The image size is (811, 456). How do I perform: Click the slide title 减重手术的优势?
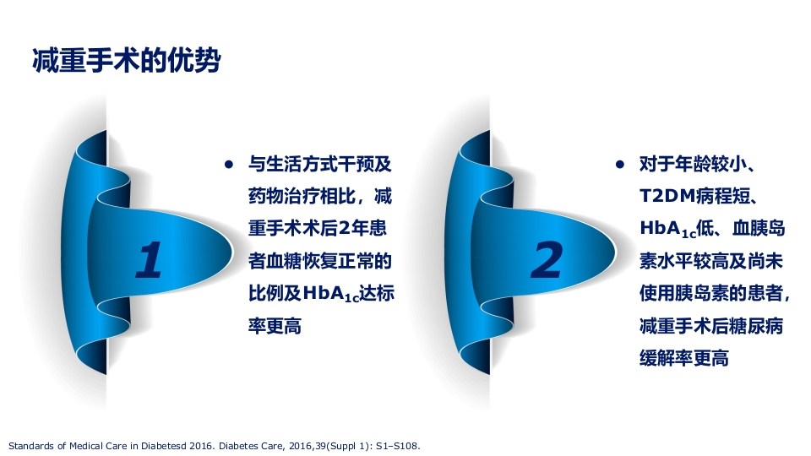tap(126, 62)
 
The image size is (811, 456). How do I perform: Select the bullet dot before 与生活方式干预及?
tap(228, 165)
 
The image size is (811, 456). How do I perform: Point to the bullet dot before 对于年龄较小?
tap(620, 165)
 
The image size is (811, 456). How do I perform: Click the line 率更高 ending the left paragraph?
tap(275, 326)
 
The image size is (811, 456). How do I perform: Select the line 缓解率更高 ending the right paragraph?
tap(683, 358)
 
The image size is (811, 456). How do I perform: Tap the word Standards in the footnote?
tap(28, 444)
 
